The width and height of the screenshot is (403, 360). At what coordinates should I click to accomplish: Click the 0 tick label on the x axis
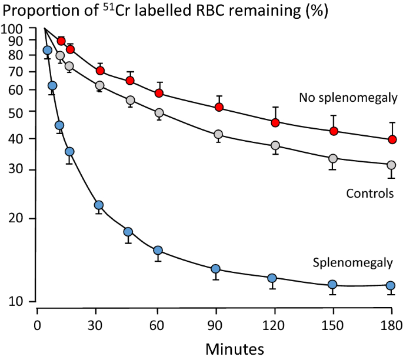point(38,326)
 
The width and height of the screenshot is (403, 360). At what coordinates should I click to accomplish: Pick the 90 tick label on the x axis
point(215,326)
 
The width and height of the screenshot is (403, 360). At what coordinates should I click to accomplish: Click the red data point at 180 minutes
point(392,139)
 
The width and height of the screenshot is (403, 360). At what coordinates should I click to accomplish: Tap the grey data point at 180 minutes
point(392,165)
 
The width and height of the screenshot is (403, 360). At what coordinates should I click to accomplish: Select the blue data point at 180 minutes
point(392,285)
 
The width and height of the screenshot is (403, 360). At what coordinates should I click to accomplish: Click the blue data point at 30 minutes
point(99,205)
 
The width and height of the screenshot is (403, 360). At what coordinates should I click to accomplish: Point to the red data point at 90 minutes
point(219,107)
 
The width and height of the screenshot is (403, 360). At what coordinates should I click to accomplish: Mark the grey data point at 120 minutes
point(275,145)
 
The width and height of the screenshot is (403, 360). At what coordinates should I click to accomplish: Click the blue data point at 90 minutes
point(215,269)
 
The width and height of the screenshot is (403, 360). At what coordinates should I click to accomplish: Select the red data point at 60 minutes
point(159,93)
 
